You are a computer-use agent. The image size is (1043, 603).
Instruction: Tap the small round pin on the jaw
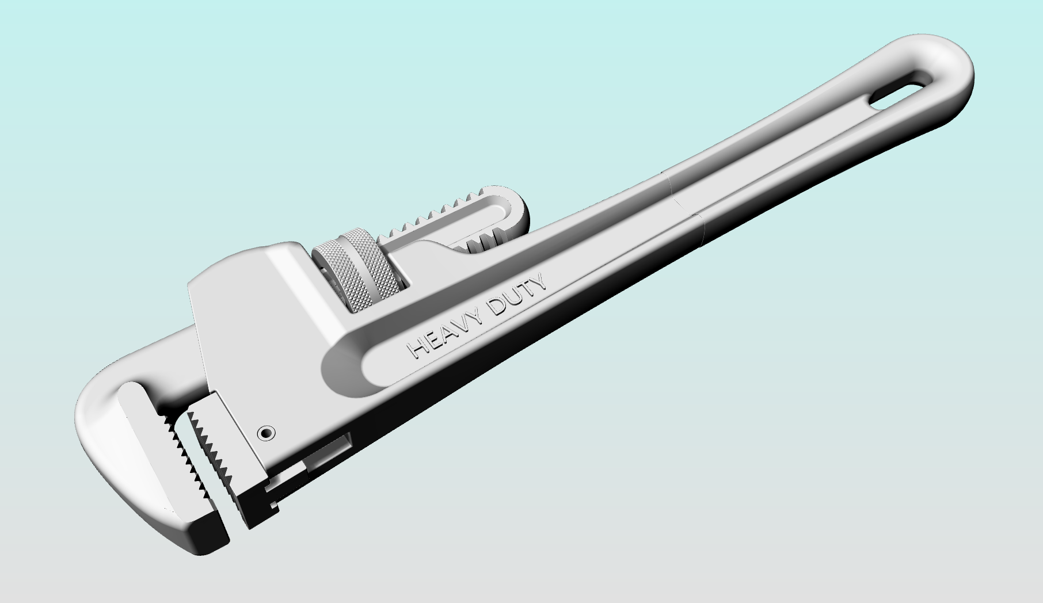[x=265, y=432]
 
